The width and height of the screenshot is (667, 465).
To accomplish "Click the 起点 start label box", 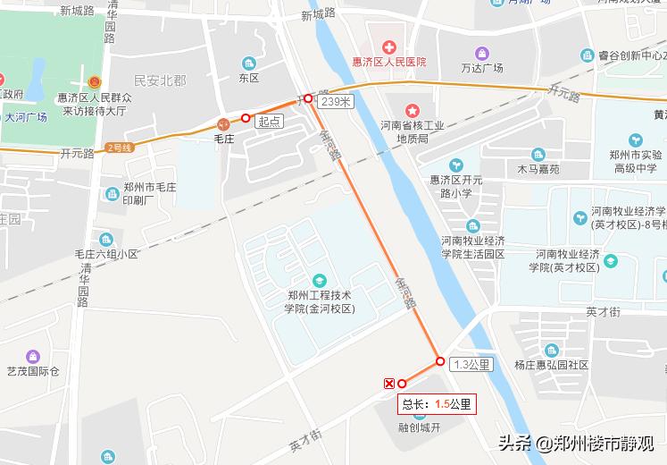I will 269,121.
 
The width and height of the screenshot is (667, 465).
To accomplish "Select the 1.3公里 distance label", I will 471,364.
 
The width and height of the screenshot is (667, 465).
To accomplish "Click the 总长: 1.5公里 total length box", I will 437,404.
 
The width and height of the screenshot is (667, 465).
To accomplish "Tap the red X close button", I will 389,384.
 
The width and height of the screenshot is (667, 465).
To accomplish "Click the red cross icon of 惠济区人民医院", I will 389,46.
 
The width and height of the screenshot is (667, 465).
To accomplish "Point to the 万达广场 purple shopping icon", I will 482,53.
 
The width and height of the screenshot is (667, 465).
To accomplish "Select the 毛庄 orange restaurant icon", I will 223,123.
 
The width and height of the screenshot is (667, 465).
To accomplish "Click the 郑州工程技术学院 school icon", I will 320,280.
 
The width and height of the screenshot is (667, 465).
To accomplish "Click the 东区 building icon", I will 248,63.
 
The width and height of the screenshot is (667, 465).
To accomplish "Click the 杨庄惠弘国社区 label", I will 551,365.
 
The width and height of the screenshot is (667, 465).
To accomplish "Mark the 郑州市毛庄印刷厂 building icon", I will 108,191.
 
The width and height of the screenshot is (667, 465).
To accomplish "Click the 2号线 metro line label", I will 119,147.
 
